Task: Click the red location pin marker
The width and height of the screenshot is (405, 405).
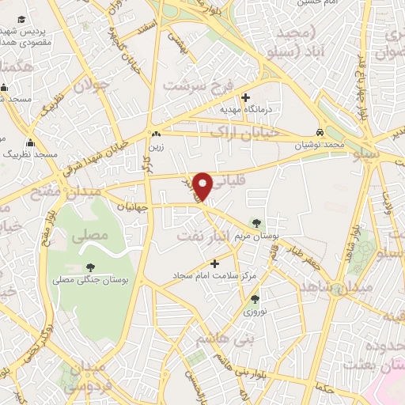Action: pyautogui.click(x=203, y=184)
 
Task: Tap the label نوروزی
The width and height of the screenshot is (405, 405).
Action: pyautogui.click(x=254, y=312)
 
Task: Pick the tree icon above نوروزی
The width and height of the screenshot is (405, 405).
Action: pyautogui.click(x=255, y=299)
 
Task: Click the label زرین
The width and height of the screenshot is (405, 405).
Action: pyautogui.click(x=157, y=146)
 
